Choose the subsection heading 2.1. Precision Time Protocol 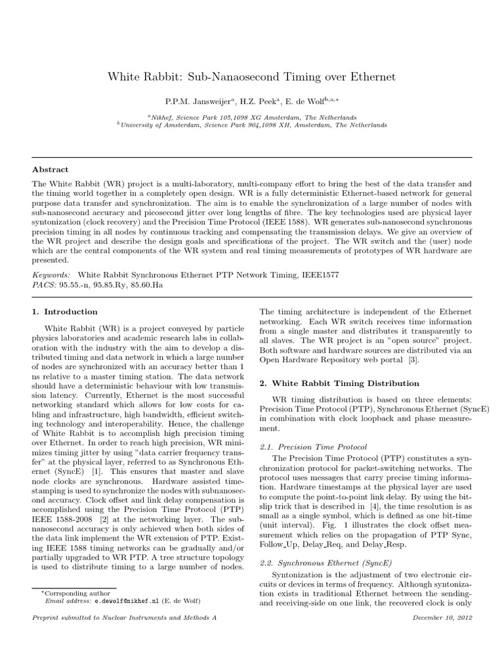coord(313,446)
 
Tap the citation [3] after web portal coord(412,360)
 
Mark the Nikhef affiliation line coord(252,117)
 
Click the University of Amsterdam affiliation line coord(252,124)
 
